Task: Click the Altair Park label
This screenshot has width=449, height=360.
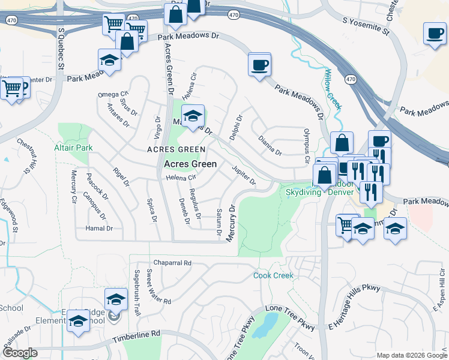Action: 73,147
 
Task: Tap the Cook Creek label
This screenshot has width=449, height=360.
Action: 273,275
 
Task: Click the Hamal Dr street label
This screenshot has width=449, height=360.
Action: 99,228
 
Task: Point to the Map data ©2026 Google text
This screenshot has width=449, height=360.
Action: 411,355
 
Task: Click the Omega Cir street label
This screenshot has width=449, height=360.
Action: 113,95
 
